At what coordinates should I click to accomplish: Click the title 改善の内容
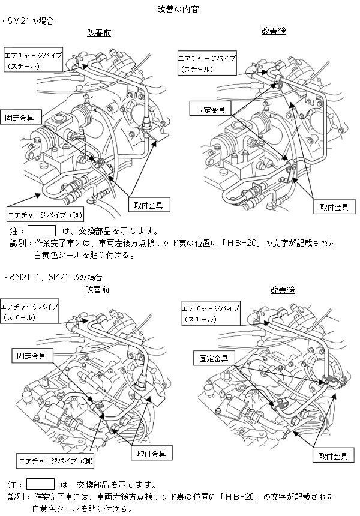178,10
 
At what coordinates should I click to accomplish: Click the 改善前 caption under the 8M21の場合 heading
98,32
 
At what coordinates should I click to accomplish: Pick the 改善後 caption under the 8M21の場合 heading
274,31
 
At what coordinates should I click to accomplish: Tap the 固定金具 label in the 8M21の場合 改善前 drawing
20,115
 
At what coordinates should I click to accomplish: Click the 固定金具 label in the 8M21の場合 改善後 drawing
207,110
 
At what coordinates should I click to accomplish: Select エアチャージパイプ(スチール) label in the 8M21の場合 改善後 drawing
207,64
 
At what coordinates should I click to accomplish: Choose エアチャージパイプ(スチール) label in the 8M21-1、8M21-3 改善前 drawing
29,311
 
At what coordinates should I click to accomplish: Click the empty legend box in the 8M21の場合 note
41,230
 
